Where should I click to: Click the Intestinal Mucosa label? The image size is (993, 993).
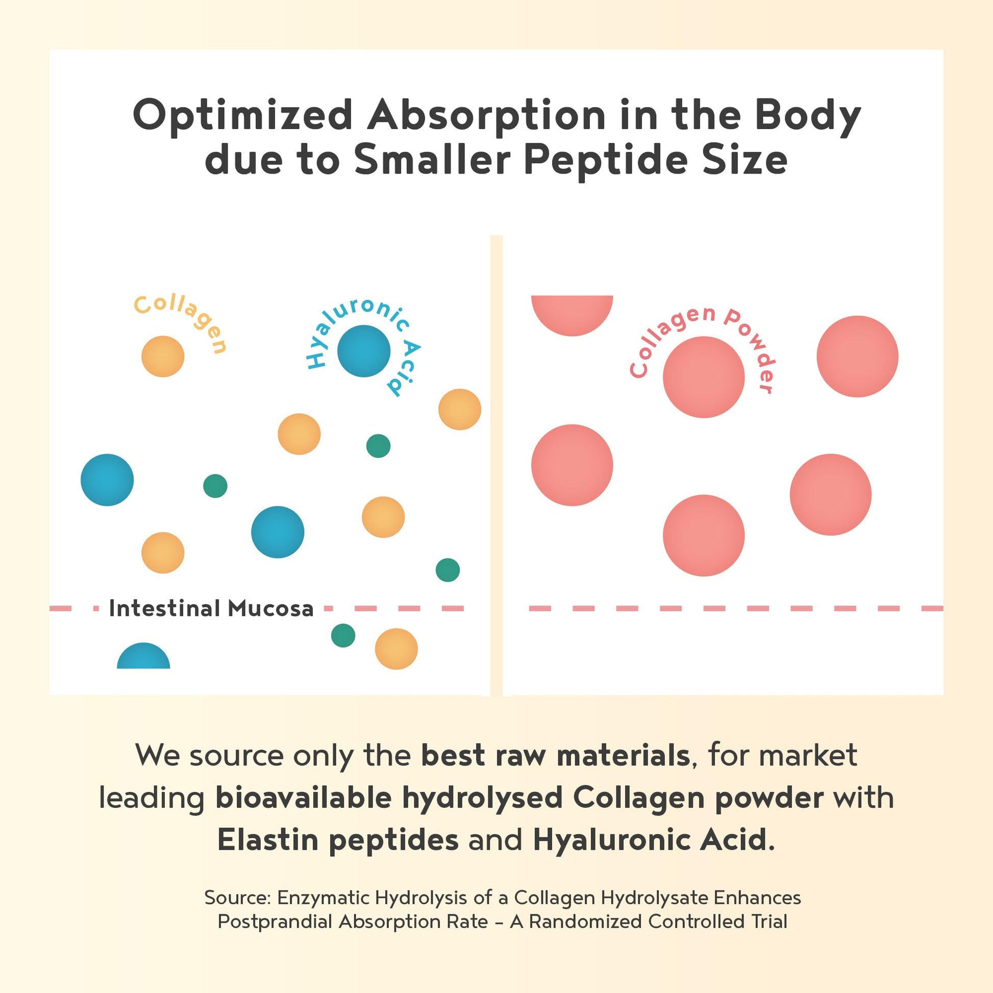click(211, 609)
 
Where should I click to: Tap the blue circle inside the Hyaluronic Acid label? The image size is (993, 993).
click(363, 351)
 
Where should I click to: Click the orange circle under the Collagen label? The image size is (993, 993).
click(163, 356)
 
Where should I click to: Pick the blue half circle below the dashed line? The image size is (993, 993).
click(143, 657)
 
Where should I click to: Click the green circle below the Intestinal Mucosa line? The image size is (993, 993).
click(343, 635)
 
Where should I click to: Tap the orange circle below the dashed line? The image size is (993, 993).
click(396, 649)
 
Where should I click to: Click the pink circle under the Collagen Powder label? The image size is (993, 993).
click(704, 377)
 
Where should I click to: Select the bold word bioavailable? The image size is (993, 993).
click(303, 797)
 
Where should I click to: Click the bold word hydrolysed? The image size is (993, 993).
click(482, 797)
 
